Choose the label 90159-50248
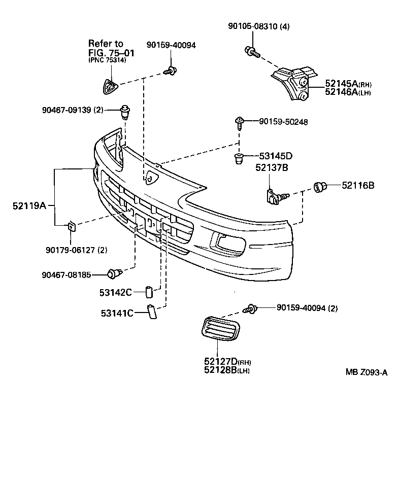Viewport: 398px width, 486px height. [283, 122]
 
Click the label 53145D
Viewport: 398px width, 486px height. [276, 156]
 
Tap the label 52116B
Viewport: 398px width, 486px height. [358, 186]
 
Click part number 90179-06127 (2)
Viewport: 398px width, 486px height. [76, 250]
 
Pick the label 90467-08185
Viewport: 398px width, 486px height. [66, 275]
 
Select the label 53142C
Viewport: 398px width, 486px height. [116, 292]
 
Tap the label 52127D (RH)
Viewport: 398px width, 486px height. [227, 362]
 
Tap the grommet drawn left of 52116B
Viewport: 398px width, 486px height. [320, 187]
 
